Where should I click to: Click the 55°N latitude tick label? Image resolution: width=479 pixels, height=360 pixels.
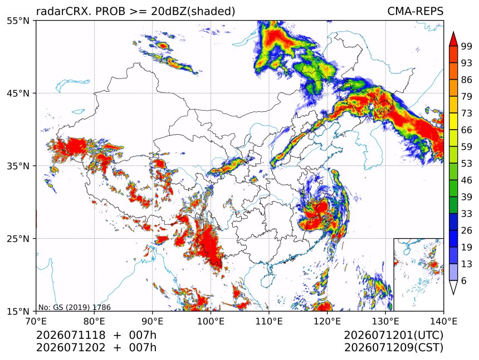(x=17, y=21)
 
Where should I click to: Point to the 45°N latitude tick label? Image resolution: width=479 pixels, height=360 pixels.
(x=17, y=93)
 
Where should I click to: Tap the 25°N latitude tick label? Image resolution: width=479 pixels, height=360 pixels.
(x=17, y=239)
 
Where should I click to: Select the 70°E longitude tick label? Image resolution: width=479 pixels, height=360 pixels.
(x=36, y=322)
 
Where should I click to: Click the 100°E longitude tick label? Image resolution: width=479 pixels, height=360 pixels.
(x=211, y=322)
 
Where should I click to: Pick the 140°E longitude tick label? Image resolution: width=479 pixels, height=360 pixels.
(x=443, y=322)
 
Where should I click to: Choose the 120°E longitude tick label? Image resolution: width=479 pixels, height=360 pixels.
(x=327, y=322)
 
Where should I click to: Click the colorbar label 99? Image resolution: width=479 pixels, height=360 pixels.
(x=467, y=46)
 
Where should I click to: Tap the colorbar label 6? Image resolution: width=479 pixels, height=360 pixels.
(x=464, y=280)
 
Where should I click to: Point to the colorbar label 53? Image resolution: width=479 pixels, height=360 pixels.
(x=467, y=164)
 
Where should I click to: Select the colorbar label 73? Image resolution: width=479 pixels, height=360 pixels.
(x=467, y=114)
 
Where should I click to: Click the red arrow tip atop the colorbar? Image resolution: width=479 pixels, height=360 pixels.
(x=453, y=32)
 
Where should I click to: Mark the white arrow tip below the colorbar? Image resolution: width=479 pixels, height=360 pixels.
(x=453, y=294)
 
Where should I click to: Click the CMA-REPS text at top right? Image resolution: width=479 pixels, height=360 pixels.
(x=415, y=11)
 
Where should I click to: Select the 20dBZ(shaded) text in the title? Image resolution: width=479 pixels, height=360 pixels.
(x=193, y=12)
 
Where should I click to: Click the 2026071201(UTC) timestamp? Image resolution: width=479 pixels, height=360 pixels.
(x=393, y=335)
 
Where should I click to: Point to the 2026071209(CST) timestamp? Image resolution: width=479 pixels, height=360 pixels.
(x=393, y=348)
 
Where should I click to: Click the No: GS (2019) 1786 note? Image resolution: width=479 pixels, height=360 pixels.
(x=75, y=307)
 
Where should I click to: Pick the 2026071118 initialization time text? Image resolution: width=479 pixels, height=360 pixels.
(x=71, y=335)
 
